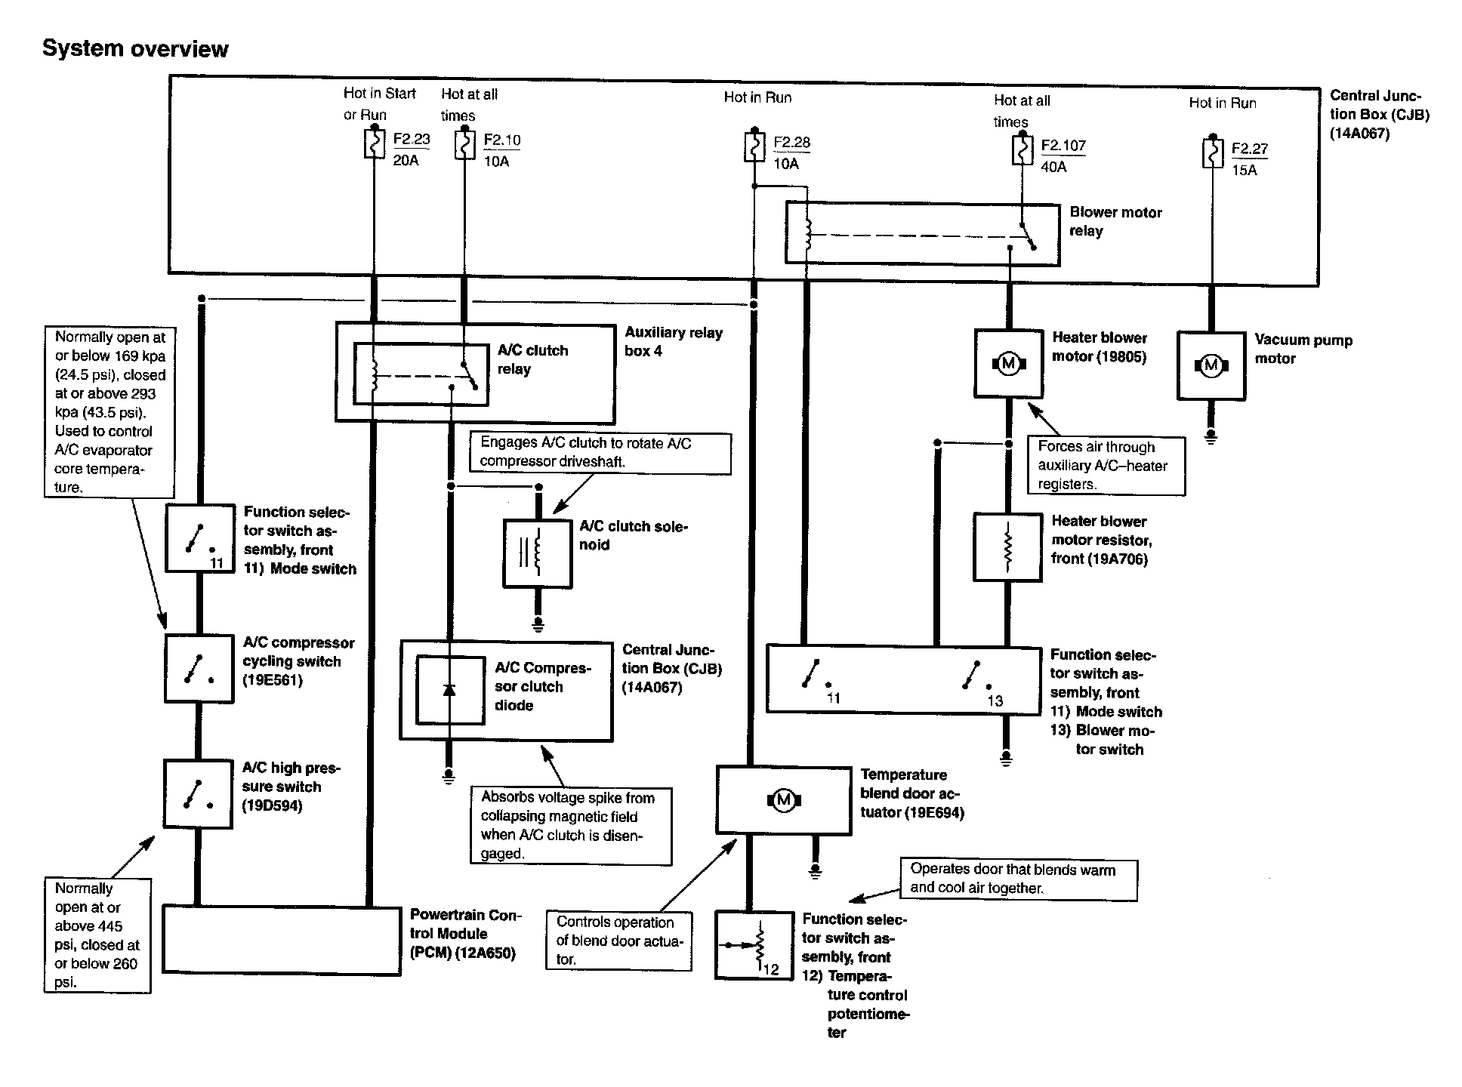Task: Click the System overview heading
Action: [x=135, y=49]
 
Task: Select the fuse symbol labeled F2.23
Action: [x=375, y=144]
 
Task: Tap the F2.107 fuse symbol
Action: [x=1022, y=149]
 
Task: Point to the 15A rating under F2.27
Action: [x=1245, y=171]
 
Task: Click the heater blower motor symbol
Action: [x=1008, y=364]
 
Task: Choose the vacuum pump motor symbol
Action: [x=1211, y=366]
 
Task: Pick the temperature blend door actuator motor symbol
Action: [x=783, y=800]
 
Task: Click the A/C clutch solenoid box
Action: [x=538, y=553]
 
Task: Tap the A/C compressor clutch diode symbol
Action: [x=449, y=690]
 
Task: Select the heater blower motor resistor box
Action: [x=1007, y=547]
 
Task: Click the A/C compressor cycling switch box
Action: [x=199, y=669]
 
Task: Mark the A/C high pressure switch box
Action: [x=198, y=794]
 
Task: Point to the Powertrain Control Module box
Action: [x=282, y=941]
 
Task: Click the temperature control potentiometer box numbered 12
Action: [x=754, y=945]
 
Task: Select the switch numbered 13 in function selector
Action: [x=977, y=680]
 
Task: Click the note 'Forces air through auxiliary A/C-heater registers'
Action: [x=1106, y=466]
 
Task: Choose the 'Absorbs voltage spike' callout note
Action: [x=571, y=826]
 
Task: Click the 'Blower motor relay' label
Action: [x=1115, y=222]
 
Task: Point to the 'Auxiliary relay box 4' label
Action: [x=673, y=342]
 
